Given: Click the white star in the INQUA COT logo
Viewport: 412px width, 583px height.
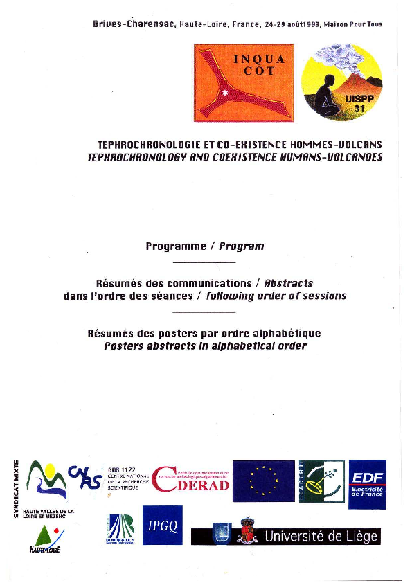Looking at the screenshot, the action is (224, 91).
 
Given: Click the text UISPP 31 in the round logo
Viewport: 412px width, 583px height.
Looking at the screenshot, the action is (359, 104).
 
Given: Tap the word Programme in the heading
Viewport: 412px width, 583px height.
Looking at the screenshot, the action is (176, 246).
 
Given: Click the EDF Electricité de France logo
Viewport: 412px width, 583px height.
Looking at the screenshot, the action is (367, 484).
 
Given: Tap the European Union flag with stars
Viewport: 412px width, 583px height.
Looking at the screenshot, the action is (263, 480).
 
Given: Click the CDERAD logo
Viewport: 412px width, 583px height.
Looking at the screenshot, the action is (190, 481).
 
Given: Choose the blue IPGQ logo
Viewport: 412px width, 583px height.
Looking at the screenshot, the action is (163, 526).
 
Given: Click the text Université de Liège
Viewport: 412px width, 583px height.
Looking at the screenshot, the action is (322, 536).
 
